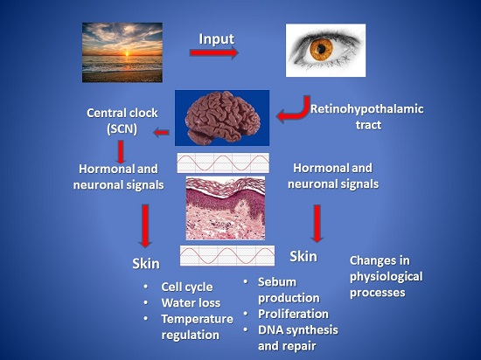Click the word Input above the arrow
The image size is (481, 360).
[x=217, y=39]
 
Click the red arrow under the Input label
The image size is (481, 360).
[x=213, y=52]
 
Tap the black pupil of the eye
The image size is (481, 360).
[x=321, y=49]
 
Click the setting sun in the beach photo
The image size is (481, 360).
[x=127, y=53]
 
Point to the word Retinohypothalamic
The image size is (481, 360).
[x=367, y=109]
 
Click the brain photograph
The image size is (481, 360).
[x=222, y=118]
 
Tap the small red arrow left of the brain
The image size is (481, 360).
[x=161, y=133]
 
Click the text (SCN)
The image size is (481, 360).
[x=122, y=129]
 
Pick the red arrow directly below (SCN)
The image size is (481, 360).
[x=121, y=152]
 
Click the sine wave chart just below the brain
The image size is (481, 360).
[x=223, y=163]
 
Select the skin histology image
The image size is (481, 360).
[x=226, y=208]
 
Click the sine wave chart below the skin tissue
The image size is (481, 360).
[x=227, y=255]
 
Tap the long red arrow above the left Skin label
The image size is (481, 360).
[x=145, y=225]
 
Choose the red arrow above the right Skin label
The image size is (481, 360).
[x=317, y=224]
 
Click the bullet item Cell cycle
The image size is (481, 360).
[x=187, y=287]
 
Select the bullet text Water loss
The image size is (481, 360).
[x=191, y=303]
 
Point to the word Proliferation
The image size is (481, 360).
[x=293, y=314]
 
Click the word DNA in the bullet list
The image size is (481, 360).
[x=270, y=330]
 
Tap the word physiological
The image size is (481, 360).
[x=387, y=277]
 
